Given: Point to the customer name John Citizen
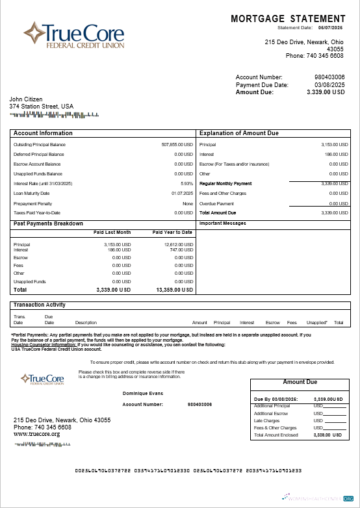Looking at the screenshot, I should click(26, 99).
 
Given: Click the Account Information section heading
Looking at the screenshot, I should click(43, 133).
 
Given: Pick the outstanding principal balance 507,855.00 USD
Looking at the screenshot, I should click(177, 144).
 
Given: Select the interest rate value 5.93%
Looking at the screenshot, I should click(187, 184).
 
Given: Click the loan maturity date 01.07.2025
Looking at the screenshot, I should click(182, 194).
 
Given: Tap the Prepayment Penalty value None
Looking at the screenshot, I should click(188, 203).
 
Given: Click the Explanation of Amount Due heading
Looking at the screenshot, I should click(238, 133).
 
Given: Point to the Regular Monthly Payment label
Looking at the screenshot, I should click(225, 184).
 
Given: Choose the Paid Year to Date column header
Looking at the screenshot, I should click(172, 232).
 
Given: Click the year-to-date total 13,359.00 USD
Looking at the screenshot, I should click(175, 290).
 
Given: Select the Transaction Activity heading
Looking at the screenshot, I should click(40, 305).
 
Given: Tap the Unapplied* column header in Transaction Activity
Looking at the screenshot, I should click(316, 322).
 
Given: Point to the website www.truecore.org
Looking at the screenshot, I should click(37, 434).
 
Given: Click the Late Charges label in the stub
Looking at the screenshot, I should click(265, 420).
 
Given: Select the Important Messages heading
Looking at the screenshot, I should click(223, 223).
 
